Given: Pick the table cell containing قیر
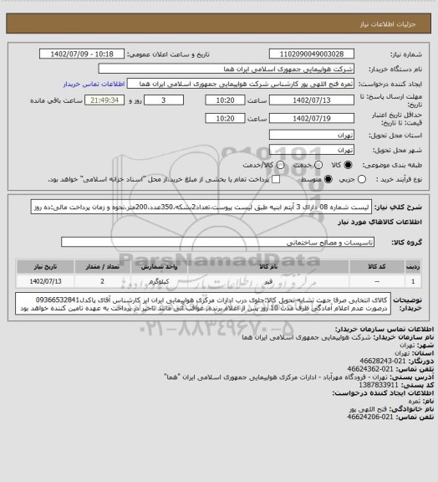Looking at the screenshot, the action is tap(266, 282).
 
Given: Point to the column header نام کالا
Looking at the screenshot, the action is tap(266, 267).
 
